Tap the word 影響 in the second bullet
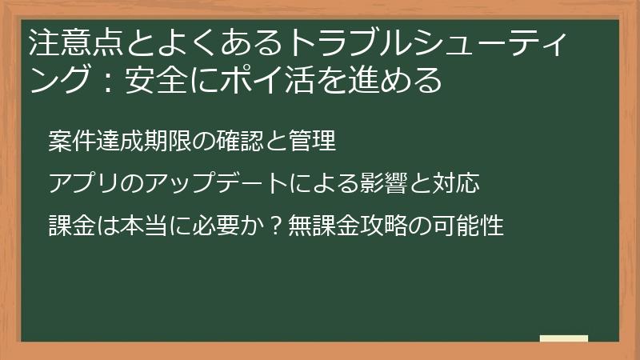pos(383,184)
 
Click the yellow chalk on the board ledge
pos(564,338)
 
